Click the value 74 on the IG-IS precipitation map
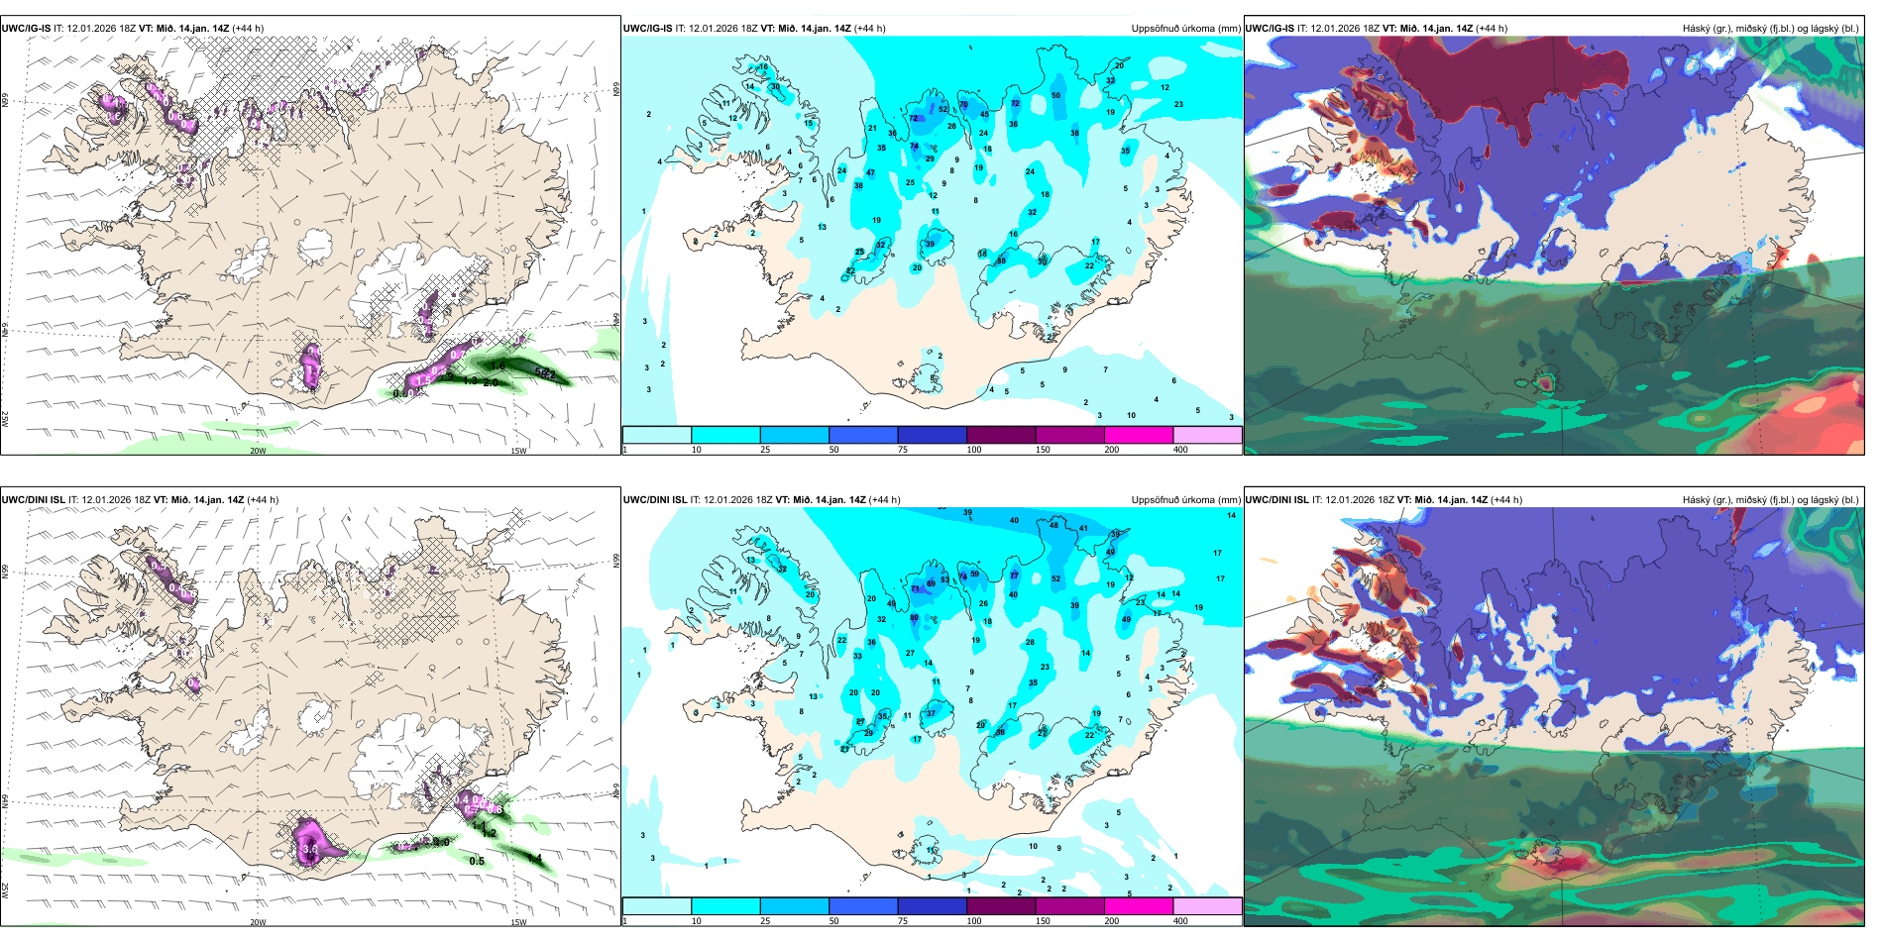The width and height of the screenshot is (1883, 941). [x=915, y=147]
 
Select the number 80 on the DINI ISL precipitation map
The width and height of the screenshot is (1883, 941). [x=914, y=618]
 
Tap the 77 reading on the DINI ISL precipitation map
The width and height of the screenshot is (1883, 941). [x=1014, y=575]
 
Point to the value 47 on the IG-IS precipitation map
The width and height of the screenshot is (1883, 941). [x=870, y=173]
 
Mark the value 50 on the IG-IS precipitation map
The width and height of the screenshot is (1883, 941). [x=1055, y=96]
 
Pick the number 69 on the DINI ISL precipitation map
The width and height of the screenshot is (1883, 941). [x=974, y=575]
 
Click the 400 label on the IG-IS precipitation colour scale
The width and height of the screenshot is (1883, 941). [x=1180, y=450]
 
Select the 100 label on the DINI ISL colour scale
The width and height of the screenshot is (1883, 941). [x=974, y=921]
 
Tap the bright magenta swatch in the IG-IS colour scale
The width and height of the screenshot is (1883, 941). [x=1139, y=435]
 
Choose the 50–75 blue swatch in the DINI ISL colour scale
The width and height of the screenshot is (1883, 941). [x=863, y=906]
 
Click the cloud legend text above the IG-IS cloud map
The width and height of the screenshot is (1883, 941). [x=1770, y=29]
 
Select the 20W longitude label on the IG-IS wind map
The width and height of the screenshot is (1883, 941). [x=258, y=451]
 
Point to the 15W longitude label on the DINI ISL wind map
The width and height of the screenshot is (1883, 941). [x=518, y=922]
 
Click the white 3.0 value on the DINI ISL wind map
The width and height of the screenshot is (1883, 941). [x=310, y=849]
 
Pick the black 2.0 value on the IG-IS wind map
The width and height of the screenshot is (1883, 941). [x=491, y=382]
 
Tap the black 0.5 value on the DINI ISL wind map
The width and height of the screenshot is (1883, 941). [x=477, y=862]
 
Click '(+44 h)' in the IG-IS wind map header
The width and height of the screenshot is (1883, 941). [x=248, y=29]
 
